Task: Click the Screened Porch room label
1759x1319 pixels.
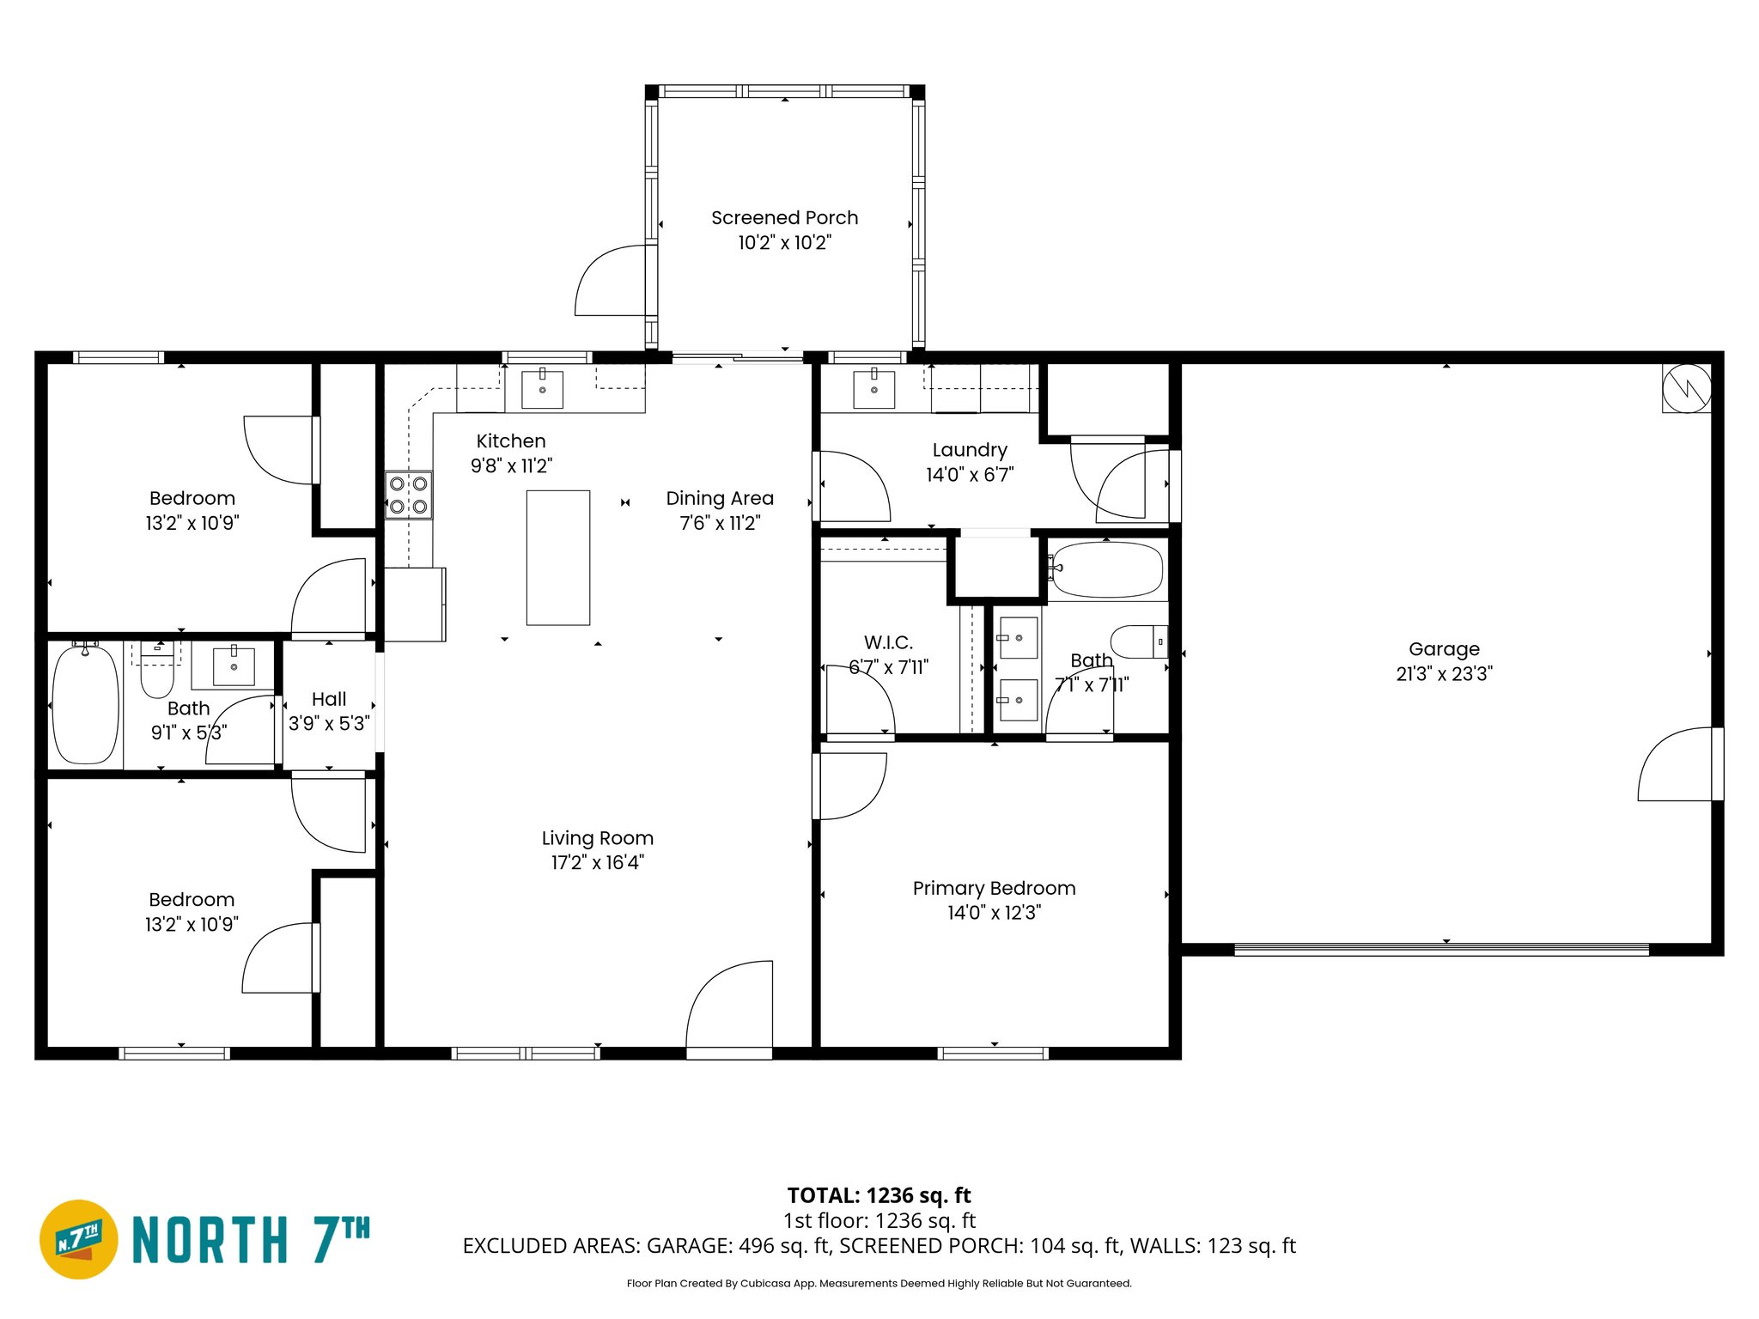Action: point(784,218)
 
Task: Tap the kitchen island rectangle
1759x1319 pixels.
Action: point(557,557)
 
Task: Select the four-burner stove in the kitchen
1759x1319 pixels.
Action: point(408,495)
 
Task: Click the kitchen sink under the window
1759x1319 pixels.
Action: point(542,390)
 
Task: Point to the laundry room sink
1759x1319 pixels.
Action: point(873,390)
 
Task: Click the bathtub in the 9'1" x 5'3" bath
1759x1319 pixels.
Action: point(85,704)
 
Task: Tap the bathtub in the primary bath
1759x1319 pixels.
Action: point(1106,569)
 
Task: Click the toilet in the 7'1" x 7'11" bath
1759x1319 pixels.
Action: point(1139,641)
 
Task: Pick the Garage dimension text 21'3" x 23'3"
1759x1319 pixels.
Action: point(1444,674)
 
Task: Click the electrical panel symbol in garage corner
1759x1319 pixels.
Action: point(1686,389)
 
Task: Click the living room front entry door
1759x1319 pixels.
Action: point(729,1005)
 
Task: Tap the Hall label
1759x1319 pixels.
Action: point(329,699)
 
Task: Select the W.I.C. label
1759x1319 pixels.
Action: point(888,642)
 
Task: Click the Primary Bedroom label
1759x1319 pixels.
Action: point(994,888)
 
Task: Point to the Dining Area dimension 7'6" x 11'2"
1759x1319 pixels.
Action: point(720,523)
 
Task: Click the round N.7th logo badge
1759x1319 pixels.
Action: point(79,1239)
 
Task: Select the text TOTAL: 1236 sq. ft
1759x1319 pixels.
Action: point(879,1195)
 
